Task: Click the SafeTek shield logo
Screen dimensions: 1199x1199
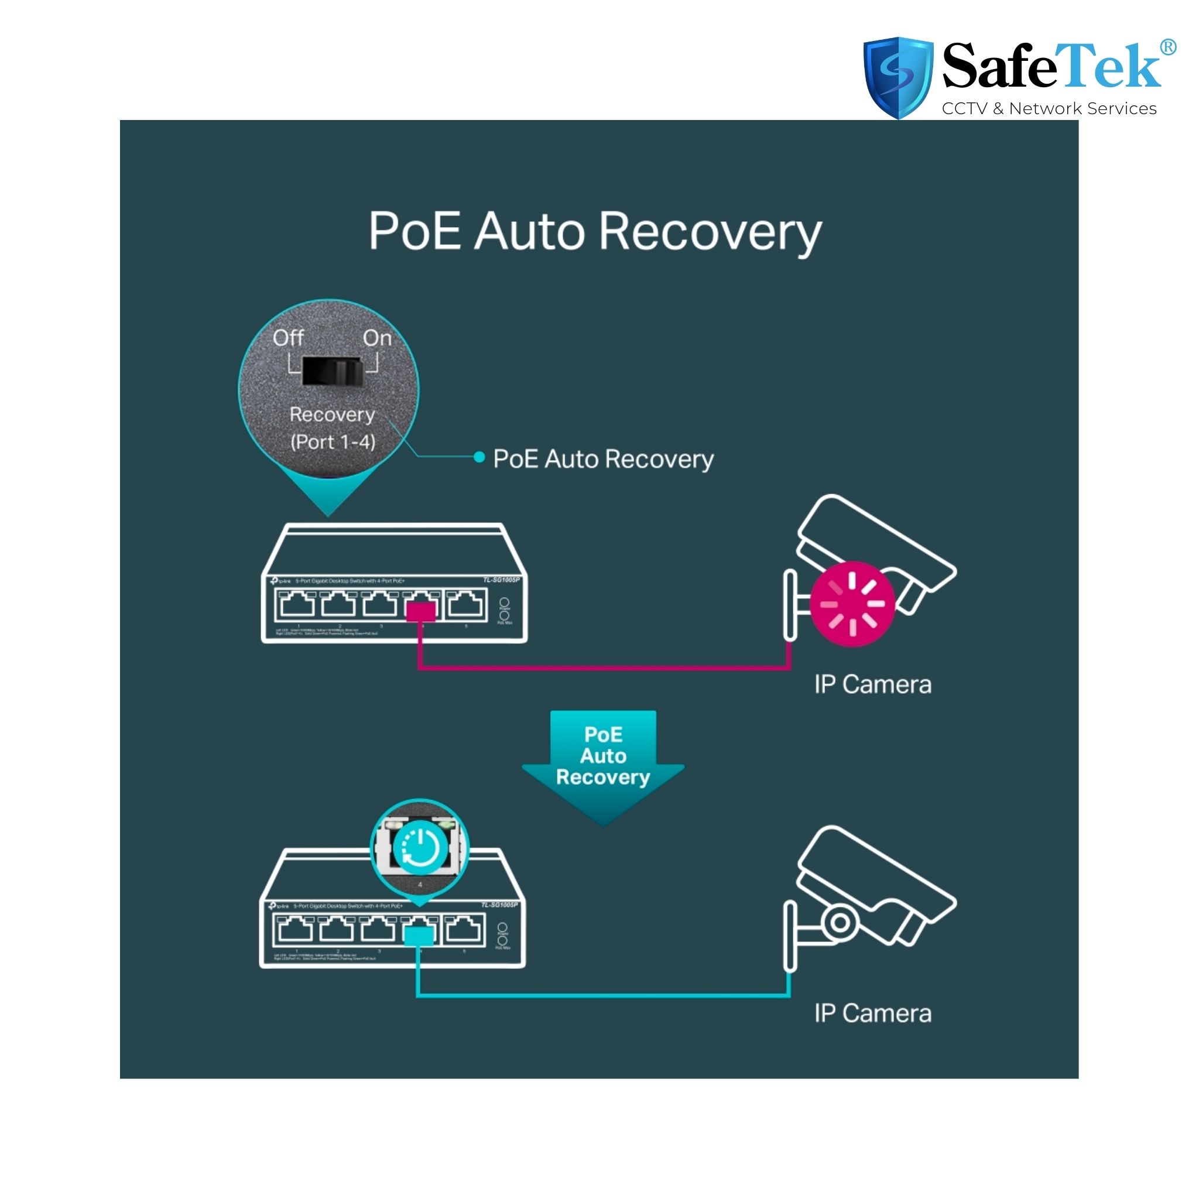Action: [x=897, y=77]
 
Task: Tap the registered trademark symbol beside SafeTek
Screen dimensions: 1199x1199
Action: [x=1167, y=47]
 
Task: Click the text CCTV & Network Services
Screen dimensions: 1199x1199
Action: [x=1049, y=109]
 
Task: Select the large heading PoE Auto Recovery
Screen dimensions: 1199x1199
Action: [x=595, y=231]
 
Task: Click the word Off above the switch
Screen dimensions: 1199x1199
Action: [x=288, y=338]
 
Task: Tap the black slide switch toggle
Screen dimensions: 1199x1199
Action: [x=333, y=371]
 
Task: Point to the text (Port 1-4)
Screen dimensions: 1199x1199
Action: [x=333, y=442]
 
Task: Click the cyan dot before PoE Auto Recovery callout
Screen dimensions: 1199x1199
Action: [x=478, y=457]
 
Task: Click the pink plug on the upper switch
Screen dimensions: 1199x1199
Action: [x=421, y=612]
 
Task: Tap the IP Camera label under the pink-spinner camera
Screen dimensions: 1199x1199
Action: [x=872, y=684]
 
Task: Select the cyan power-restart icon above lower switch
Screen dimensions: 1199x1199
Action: [x=420, y=847]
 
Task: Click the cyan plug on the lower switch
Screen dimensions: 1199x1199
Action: [x=418, y=937]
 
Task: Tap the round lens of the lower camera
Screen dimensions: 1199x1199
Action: [x=840, y=922]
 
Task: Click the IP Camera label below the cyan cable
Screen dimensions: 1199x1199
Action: [x=872, y=1013]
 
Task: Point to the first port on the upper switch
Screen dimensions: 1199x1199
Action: [x=297, y=604]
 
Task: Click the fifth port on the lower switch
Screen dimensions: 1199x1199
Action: [x=464, y=929]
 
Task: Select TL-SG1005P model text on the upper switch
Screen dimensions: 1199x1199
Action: [x=501, y=580]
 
